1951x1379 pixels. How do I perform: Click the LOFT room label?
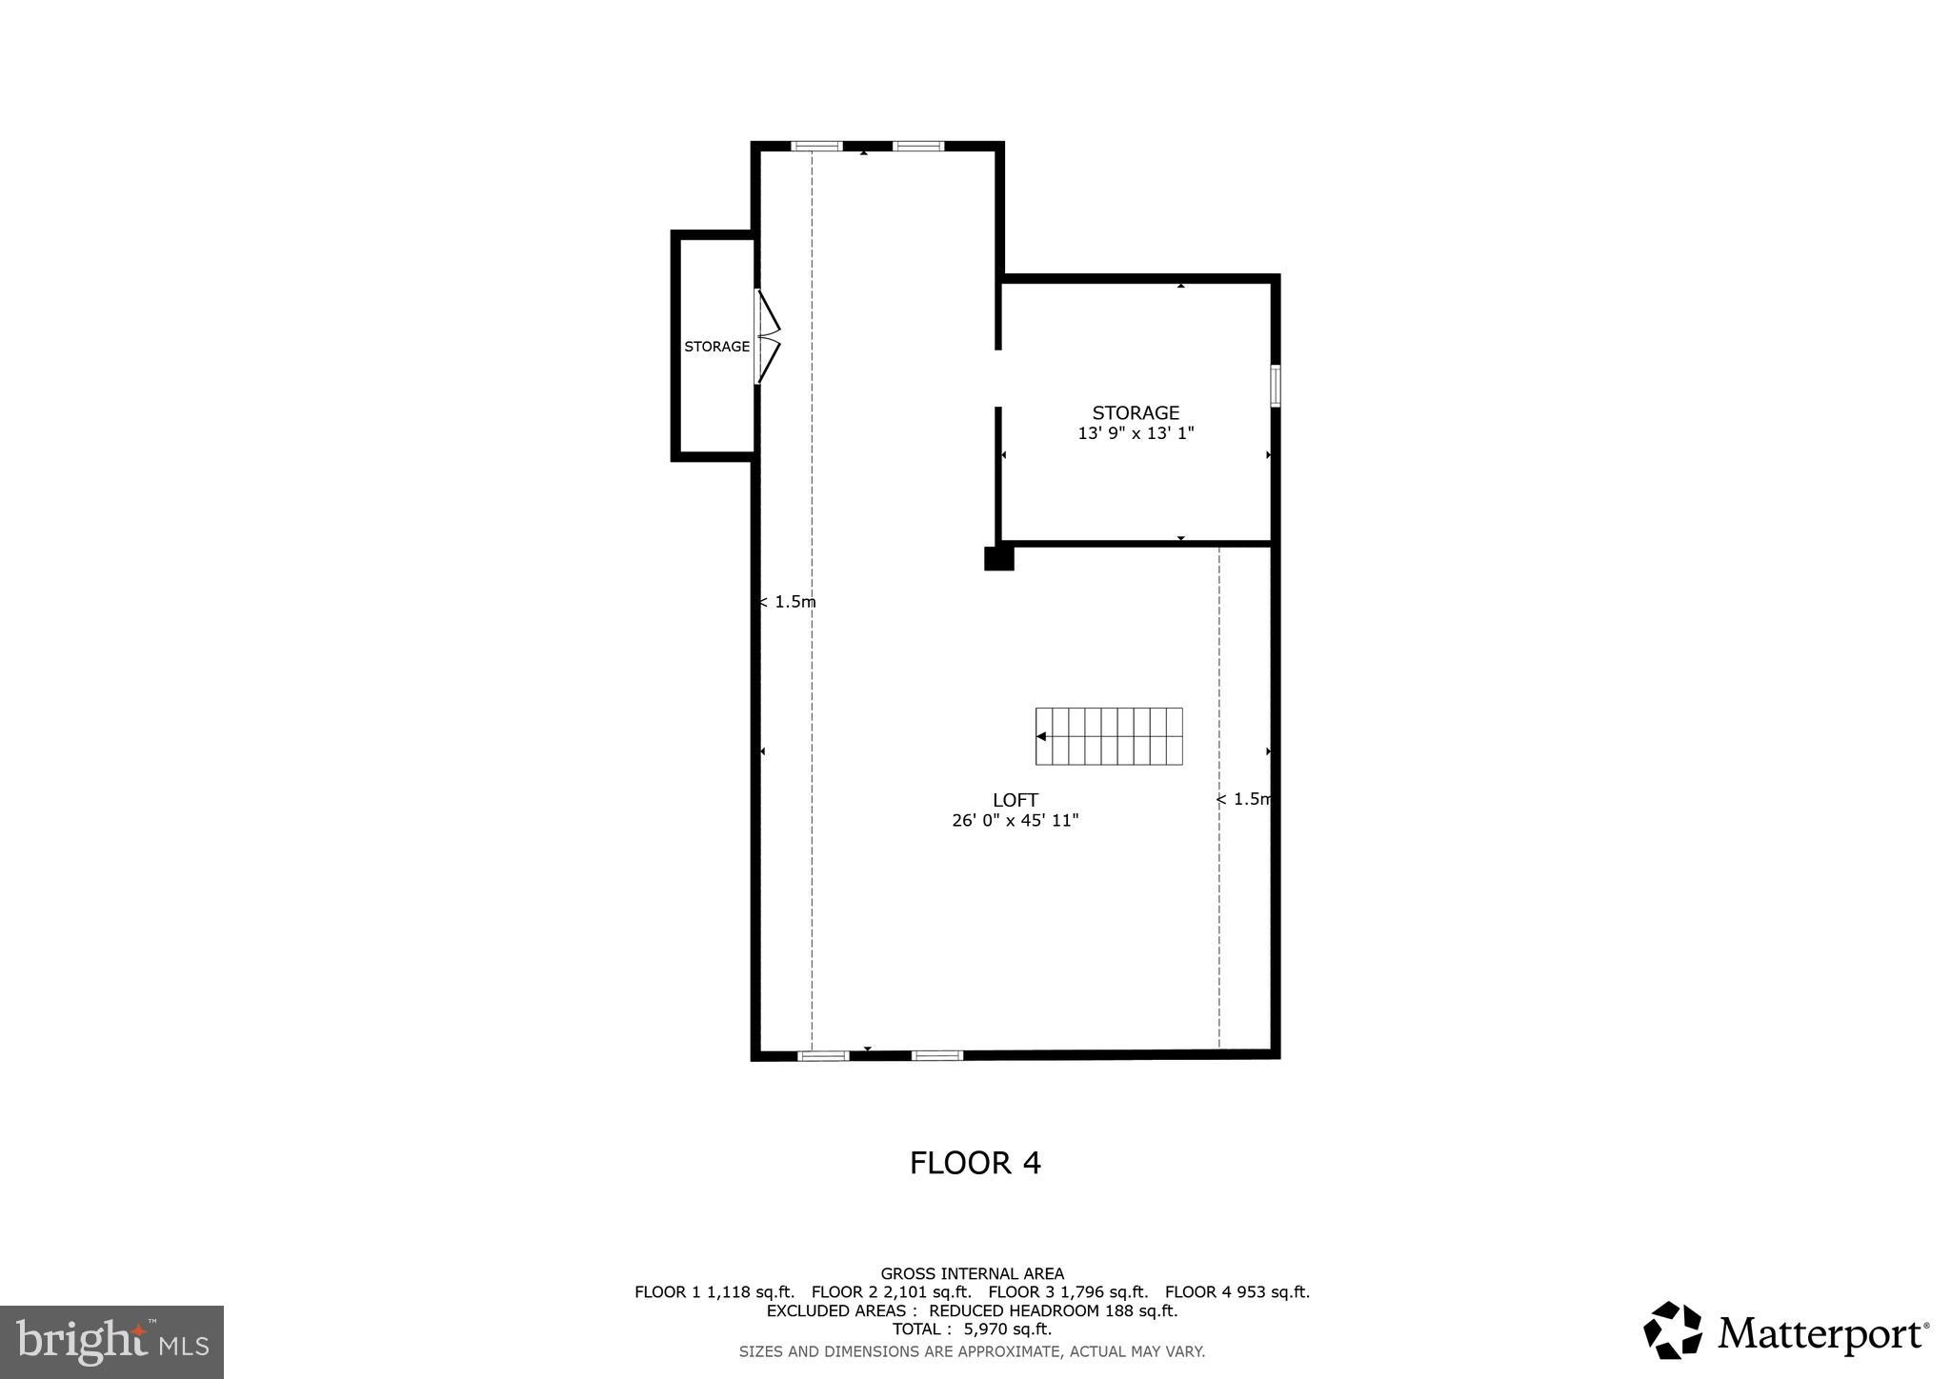pyautogui.click(x=1015, y=800)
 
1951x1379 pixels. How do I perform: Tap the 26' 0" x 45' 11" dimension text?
pyautogui.click(x=1015, y=820)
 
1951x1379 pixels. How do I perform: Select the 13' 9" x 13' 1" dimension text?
pyautogui.click(x=1136, y=433)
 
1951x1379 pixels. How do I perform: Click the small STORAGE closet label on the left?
pyautogui.click(x=716, y=347)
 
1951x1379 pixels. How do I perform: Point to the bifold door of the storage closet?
pyautogui.click(x=768, y=336)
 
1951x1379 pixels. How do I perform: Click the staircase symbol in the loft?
pyautogui.click(x=1109, y=736)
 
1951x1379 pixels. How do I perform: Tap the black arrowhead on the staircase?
pyautogui.click(x=1041, y=736)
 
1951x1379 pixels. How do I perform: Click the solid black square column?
pyautogui.click(x=998, y=557)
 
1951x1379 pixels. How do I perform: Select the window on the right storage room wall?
pyautogui.click(x=1275, y=386)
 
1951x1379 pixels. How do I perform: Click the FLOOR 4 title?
pyautogui.click(x=975, y=1163)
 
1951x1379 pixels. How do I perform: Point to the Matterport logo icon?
pyautogui.click(x=1672, y=1330)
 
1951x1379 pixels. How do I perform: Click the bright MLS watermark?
pyautogui.click(x=111, y=1342)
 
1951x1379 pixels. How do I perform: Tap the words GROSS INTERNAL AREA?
pyautogui.click(x=972, y=1273)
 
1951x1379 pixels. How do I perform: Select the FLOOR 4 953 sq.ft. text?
pyautogui.click(x=1237, y=1292)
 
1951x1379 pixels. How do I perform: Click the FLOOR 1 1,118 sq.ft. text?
pyautogui.click(x=714, y=1292)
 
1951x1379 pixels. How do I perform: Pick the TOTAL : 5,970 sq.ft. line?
pyautogui.click(x=972, y=1329)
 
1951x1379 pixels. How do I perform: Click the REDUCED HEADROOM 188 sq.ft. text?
pyautogui.click(x=1053, y=1310)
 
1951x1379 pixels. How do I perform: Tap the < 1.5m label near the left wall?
pyautogui.click(x=788, y=602)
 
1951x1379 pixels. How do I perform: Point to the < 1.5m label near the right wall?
pyautogui.click(x=1244, y=799)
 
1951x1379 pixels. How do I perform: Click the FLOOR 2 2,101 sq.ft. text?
pyautogui.click(x=891, y=1292)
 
